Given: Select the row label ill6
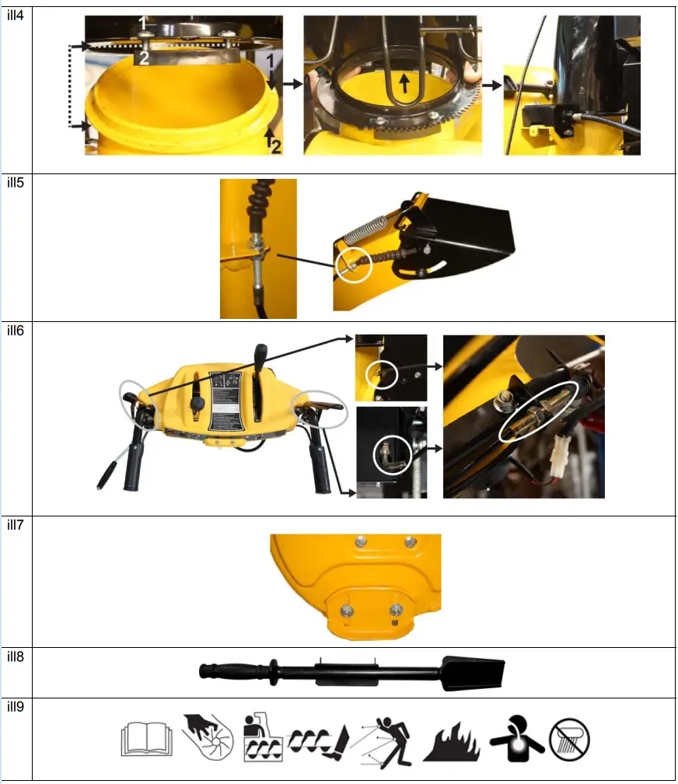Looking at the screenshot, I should point(15,331).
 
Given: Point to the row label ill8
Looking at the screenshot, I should point(15,656).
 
